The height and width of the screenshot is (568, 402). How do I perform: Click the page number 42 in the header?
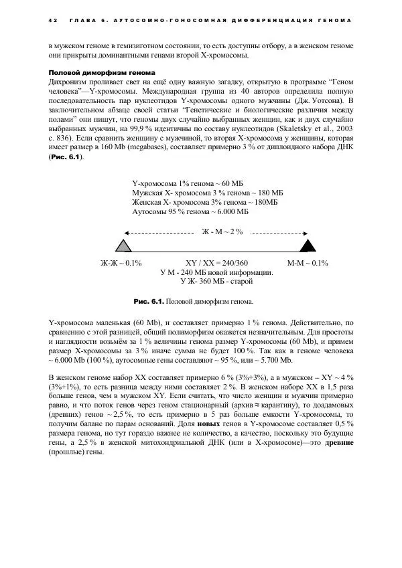(52, 21)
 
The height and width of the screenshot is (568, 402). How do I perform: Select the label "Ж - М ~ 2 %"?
(222, 231)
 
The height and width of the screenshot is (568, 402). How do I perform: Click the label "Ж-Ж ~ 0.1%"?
(121, 263)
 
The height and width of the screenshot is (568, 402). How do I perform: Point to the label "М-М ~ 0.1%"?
(308, 263)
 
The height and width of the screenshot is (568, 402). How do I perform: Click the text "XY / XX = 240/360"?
(216, 263)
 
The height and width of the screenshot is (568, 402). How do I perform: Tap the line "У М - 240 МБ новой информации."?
(216, 272)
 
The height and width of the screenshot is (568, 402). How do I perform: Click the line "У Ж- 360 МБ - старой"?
(216, 282)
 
